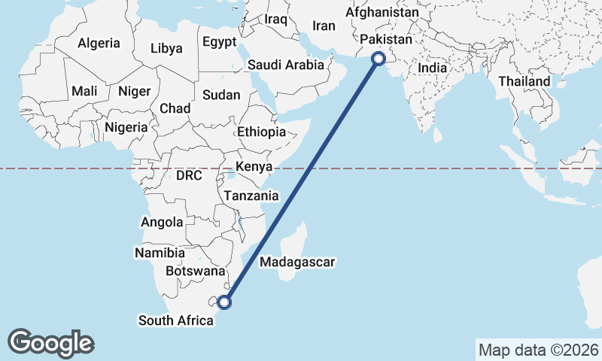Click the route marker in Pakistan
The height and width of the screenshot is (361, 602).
coord(379,58)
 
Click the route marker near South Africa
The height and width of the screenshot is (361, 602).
coord(224,302)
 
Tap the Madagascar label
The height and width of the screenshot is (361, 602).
coord(296,262)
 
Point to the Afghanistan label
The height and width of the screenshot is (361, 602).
coord(382,14)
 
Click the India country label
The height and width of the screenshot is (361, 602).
coord(432,68)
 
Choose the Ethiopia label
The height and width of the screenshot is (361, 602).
coord(261,132)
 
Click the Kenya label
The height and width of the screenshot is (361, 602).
coord(254,166)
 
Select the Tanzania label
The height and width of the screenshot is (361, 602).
coord(251,196)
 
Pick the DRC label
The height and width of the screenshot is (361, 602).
coord(189,176)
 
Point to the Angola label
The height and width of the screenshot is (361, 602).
coord(162,223)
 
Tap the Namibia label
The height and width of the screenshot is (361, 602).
coord(160,253)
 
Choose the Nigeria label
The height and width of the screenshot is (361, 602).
coord(126,127)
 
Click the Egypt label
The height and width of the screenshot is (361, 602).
coord(219,42)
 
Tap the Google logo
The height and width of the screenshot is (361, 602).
coord(50,343)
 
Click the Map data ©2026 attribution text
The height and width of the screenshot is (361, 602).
coord(538,350)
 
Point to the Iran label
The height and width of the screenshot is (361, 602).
coord(324,26)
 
